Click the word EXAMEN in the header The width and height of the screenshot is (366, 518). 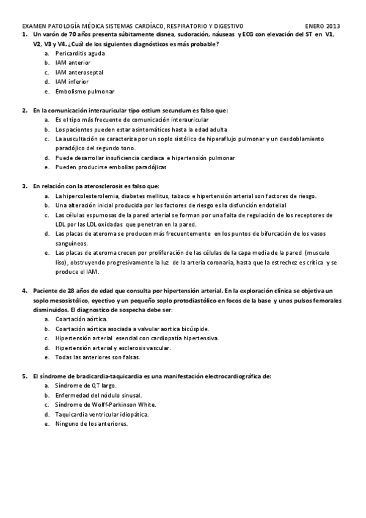tap(34, 27)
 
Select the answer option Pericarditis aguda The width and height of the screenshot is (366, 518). tap(79, 53)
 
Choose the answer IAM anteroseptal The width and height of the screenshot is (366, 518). tap(79, 72)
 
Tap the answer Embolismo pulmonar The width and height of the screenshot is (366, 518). tap(84, 91)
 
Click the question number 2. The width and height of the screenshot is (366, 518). tap(24, 111)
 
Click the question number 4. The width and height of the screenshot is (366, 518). tap(24, 290)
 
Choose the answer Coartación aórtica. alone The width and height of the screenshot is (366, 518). tap(81, 319)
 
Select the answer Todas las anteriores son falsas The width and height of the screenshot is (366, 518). tap(98, 357)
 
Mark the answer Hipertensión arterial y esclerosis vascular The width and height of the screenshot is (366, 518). tap(113, 348)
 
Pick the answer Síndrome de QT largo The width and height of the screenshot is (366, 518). tap(86, 386)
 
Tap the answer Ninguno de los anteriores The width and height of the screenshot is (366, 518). tap(91, 423)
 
